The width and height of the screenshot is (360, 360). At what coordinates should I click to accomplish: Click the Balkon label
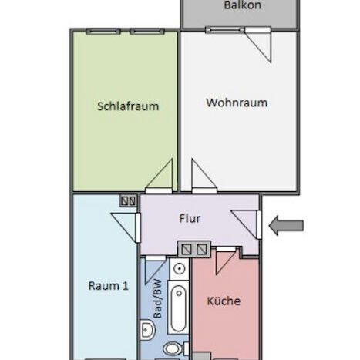(243, 6)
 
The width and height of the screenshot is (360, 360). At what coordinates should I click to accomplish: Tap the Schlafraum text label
(128, 106)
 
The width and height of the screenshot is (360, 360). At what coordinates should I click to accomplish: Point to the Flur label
(190, 219)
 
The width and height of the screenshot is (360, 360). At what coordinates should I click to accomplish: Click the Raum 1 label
(109, 285)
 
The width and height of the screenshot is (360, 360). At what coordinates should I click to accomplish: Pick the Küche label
(224, 301)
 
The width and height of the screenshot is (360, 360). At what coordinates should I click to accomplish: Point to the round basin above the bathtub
(177, 270)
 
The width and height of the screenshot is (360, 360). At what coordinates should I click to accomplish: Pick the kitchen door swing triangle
(223, 262)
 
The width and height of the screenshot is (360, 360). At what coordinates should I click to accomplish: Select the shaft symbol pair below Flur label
(193, 248)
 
